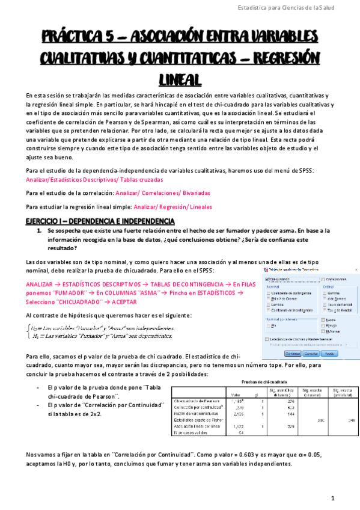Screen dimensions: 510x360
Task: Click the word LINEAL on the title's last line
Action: click(x=180, y=79)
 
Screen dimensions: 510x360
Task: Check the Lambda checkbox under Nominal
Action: click(x=268, y=304)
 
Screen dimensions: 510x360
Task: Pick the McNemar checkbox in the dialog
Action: click(x=324, y=331)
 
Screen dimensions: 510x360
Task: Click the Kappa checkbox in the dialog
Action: click(x=324, y=321)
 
